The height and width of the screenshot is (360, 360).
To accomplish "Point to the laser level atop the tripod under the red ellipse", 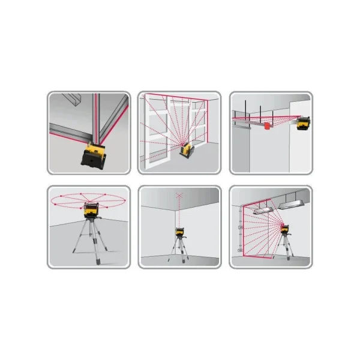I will point(91,209).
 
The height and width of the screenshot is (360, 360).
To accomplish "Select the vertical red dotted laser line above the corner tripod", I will point(179,210).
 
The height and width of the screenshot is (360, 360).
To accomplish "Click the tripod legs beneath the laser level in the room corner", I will point(179,252).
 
